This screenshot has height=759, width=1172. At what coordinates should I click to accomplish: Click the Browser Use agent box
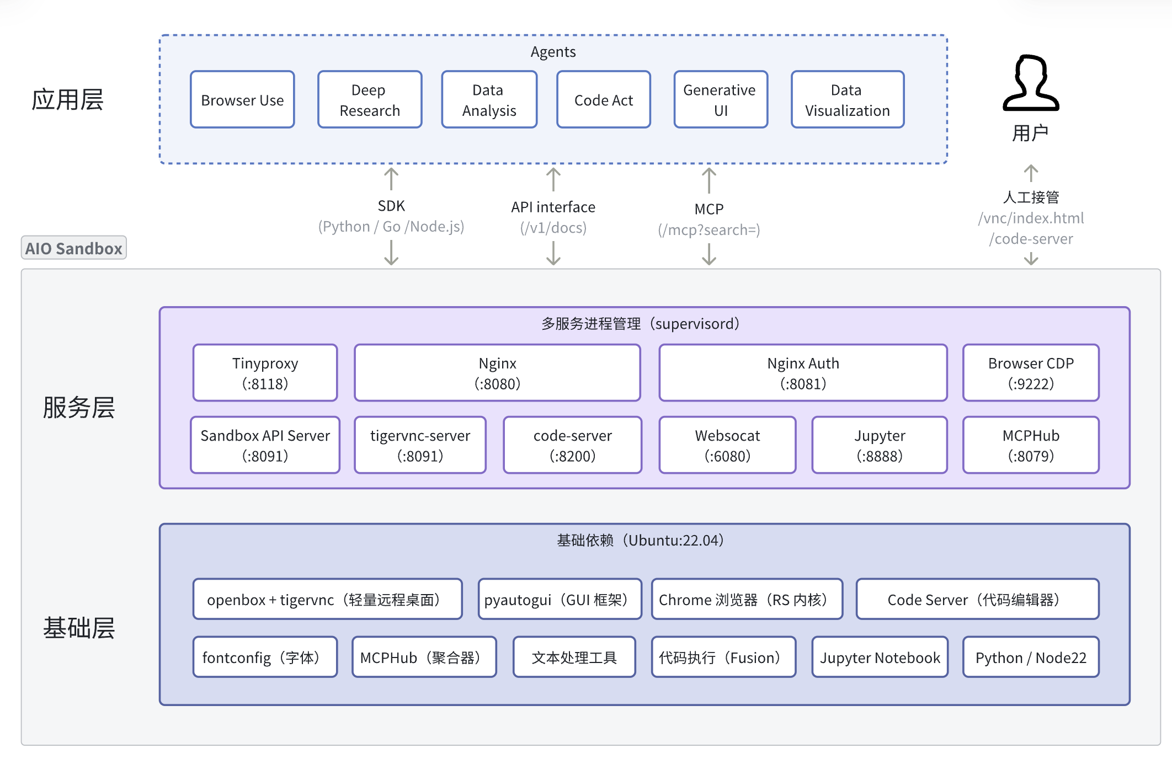242,100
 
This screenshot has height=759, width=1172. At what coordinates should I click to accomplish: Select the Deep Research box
370,100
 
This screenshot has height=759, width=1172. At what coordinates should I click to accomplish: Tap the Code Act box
604,100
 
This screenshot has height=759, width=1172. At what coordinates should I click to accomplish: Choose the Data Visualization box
847,100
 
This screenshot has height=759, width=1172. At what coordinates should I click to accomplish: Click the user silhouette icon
1030,83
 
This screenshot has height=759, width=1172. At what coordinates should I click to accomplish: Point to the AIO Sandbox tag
74,248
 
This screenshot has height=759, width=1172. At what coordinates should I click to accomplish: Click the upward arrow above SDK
391,179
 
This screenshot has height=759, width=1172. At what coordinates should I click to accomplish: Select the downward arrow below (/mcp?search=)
709,254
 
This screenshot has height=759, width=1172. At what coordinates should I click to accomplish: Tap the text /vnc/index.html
1031,218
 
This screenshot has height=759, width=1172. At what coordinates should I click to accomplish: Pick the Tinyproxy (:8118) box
265,373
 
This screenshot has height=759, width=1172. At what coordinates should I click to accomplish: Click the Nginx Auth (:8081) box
803,373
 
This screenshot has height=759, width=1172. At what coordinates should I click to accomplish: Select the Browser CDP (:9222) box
1030,373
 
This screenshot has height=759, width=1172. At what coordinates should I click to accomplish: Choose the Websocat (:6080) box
727,445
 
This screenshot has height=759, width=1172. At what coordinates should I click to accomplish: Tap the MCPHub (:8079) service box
1030,445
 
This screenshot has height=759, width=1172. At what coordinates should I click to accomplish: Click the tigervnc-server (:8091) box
420,445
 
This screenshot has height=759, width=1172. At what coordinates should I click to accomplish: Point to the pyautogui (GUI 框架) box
560,599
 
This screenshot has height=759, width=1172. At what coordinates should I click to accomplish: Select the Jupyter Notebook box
880,657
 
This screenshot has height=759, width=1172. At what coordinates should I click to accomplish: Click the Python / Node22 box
1030,657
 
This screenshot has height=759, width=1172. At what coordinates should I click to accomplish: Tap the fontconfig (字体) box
265,657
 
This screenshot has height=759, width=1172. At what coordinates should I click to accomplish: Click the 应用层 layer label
67,100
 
